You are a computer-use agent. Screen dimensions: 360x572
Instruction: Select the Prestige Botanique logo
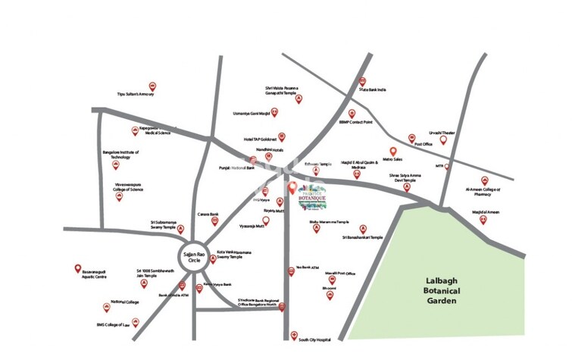[308, 193]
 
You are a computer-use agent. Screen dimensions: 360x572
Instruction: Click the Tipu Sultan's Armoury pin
[152, 86]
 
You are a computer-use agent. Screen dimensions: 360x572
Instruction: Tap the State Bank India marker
[363, 82]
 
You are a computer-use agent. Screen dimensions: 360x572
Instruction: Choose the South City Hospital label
[315, 340]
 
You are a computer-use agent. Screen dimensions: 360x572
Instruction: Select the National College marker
[106, 308]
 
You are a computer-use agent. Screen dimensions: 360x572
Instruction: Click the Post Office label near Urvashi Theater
[423, 143]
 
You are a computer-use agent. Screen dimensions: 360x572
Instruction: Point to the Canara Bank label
[208, 214]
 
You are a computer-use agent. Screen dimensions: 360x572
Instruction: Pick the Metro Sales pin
[393, 152]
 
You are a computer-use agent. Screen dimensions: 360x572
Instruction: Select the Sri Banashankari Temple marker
[363, 228]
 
